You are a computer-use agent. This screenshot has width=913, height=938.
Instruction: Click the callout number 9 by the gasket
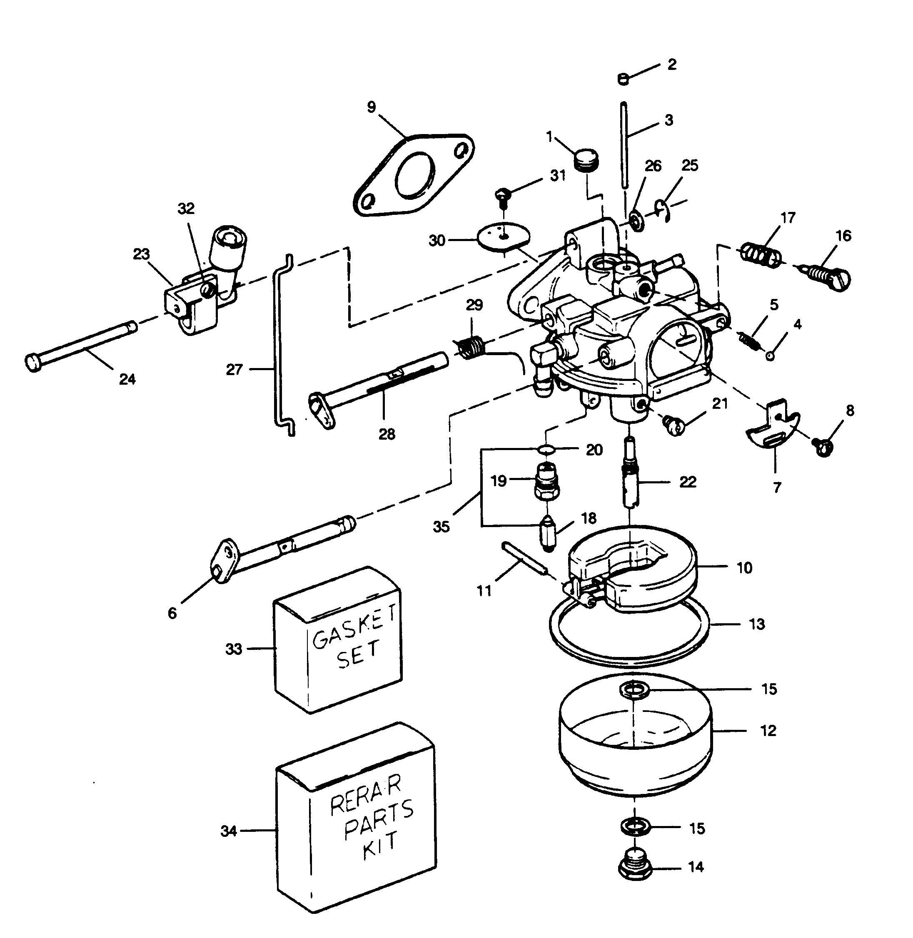[x=372, y=107]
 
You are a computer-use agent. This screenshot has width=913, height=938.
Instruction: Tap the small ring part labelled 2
[x=624, y=79]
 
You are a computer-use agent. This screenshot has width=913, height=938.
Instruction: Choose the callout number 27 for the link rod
[x=234, y=370]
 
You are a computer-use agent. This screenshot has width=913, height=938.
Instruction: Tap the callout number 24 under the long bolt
[x=127, y=380]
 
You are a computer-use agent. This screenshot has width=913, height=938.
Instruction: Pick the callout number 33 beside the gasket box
[x=234, y=649]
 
